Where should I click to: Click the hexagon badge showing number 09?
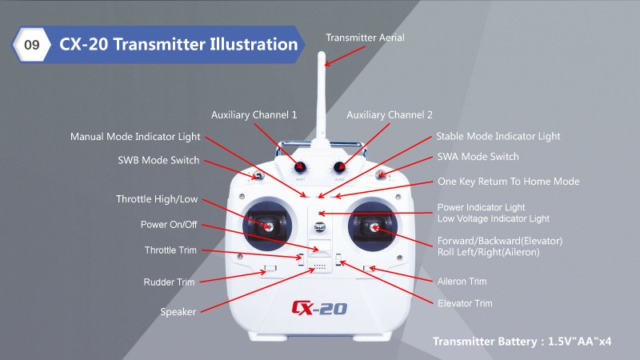[x=31, y=44]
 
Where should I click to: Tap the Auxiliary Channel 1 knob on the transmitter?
[x=300, y=166]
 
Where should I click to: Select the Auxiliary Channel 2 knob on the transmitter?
[x=339, y=166]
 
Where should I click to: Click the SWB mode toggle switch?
[x=258, y=176]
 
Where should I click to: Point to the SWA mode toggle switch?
[x=382, y=175]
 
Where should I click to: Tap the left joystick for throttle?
[x=267, y=226]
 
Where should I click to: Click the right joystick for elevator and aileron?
[x=373, y=227]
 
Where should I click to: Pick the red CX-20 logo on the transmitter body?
[x=319, y=308]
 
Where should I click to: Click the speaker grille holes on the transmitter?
[x=319, y=267]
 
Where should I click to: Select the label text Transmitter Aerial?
[x=365, y=38]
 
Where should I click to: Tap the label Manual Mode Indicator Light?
[x=135, y=137]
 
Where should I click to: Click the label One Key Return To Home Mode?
[x=508, y=182]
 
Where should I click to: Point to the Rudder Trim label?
[x=169, y=282]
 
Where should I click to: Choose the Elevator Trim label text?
[x=465, y=303]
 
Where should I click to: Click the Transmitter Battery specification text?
[x=522, y=342]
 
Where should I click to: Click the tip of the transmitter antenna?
[x=322, y=53]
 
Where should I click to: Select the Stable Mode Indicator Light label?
[x=498, y=136]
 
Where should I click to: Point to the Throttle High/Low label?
[x=157, y=199]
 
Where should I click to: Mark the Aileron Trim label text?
[x=462, y=282]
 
